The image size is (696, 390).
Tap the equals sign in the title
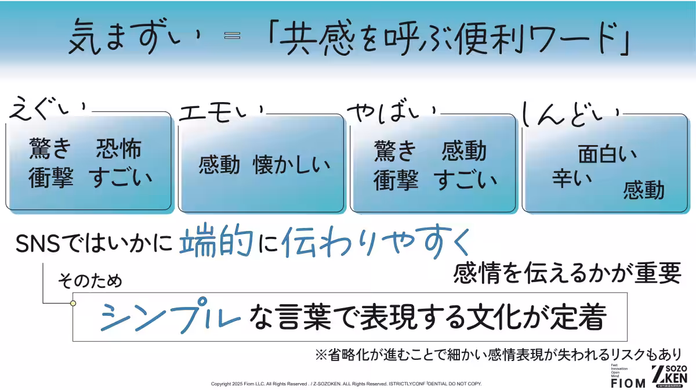point(232,36)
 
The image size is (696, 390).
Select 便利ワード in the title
point(522,38)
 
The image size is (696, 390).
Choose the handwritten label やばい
point(392,110)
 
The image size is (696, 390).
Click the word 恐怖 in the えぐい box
point(118,150)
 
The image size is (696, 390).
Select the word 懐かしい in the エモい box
point(291,165)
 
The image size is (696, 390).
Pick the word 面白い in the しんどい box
point(607,154)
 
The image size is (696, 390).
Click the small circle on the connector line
point(73,303)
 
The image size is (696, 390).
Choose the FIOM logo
point(628,382)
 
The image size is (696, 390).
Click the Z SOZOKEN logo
point(669,376)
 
